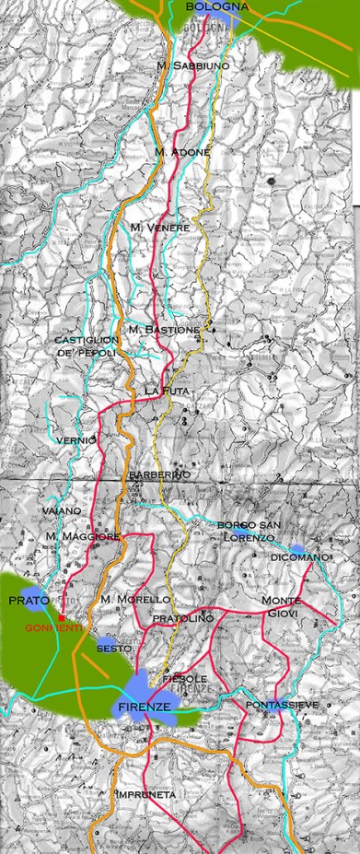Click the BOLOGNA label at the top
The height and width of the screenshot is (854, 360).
pyautogui.click(x=216, y=7)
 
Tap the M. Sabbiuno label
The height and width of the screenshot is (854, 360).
pyautogui.click(x=192, y=66)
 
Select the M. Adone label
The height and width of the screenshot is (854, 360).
pyautogui.click(x=182, y=151)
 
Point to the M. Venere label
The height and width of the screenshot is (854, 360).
pyautogui.click(x=159, y=228)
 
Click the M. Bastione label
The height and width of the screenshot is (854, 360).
pyautogui.click(x=164, y=329)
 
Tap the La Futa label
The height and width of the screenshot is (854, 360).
pyautogui.click(x=165, y=392)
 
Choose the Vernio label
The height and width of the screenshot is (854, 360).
pyautogui.click(x=77, y=440)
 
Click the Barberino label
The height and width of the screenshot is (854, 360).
pyautogui.click(x=159, y=474)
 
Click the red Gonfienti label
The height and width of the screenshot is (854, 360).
pyautogui.click(x=53, y=627)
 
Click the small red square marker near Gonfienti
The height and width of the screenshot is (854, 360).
pyautogui.click(x=61, y=617)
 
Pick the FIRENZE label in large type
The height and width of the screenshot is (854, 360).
pyautogui.click(x=144, y=706)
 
